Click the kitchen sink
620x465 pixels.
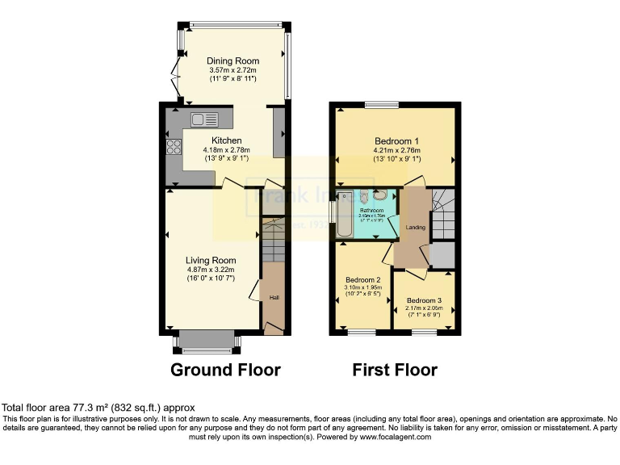pos(204,120)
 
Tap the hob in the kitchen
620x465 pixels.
pos(173,147)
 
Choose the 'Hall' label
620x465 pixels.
pos(274,299)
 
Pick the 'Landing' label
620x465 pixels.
pos(416,228)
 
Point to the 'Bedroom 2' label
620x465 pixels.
pos(361,280)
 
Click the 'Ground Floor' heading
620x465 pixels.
pos(225,371)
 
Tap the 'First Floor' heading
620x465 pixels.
pos(395,371)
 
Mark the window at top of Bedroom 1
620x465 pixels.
pos(381,104)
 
